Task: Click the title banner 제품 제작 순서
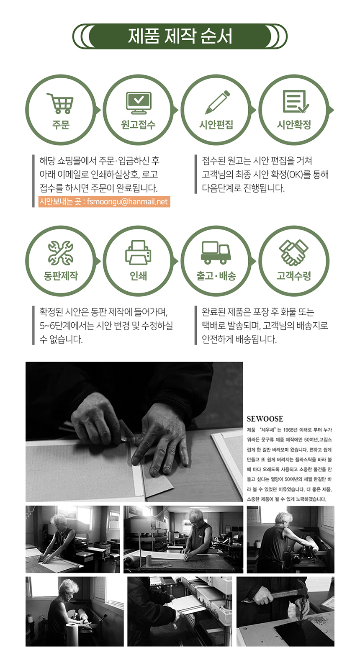(180, 36)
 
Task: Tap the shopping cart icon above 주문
(60, 103)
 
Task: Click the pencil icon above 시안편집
(217, 102)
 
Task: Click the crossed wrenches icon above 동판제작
(60, 253)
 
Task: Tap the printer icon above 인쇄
(138, 253)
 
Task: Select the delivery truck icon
(216, 253)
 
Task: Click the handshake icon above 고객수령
(293, 252)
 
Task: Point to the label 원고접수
(138, 125)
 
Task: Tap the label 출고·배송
(216, 276)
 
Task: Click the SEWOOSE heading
(265, 419)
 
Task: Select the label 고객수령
(294, 276)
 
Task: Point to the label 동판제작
(61, 276)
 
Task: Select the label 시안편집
(216, 125)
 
